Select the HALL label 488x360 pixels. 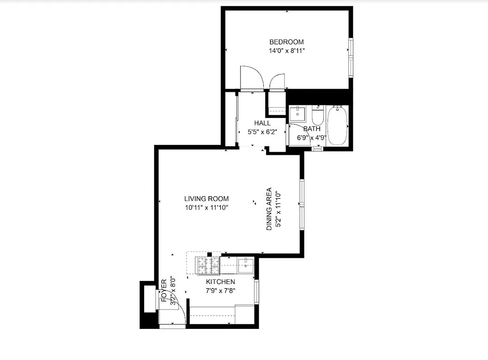(x=262, y=123)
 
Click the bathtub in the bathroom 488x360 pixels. (x=337, y=126)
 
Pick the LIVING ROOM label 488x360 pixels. (x=206, y=198)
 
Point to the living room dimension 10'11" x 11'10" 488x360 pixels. (x=206, y=207)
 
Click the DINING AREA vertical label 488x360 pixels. (x=269, y=209)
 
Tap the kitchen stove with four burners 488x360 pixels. (x=207, y=265)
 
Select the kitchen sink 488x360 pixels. (x=245, y=265)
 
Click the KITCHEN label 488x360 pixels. (x=220, y=282)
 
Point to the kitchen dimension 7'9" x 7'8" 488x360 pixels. (x=220, y=290)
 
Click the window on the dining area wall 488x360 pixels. (x=302, y=205)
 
